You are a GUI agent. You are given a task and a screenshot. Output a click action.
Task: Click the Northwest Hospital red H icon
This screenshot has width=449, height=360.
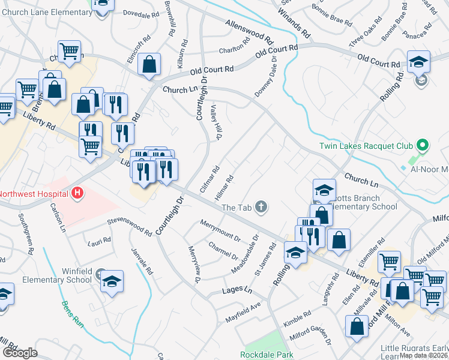click(x=77, y=193)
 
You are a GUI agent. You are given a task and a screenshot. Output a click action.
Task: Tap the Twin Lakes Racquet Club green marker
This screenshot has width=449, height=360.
click(x=422, y=145)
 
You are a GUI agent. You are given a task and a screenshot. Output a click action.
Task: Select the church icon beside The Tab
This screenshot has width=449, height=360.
click(x=261, y=207)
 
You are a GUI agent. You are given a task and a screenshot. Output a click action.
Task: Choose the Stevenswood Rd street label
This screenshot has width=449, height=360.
click(x=130, y=226)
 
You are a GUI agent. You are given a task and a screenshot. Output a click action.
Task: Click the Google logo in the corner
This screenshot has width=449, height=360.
click(x=19, y=353)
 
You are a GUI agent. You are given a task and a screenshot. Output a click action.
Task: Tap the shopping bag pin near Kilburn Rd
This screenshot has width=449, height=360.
click(x=149, y=65)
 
